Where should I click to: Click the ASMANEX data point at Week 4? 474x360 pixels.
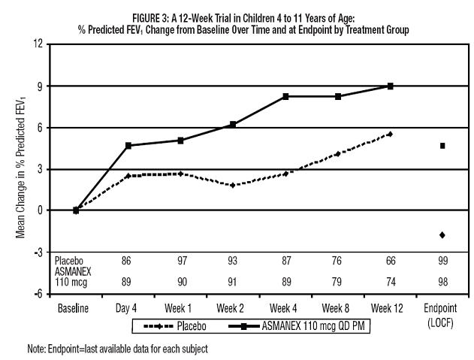(x=285, y=96)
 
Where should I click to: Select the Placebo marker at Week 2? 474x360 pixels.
(x=233, y=185)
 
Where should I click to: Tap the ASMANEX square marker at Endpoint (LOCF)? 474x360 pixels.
(x=442, y=146)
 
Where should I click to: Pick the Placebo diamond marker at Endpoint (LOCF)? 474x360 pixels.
(x=442, y=235)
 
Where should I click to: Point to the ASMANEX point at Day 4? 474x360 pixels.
(x=128, y=146)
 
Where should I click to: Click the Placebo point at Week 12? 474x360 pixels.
(x=390, y=134)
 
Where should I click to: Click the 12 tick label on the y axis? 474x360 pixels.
(x=37, y=44)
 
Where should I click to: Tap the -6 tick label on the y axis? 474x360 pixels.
(x=37, y=294)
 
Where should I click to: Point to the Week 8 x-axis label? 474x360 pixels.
(x=337, y=308)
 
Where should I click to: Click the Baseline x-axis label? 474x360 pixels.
(x=76, y=308)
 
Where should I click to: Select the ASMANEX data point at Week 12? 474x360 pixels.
(x=390, y=86)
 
